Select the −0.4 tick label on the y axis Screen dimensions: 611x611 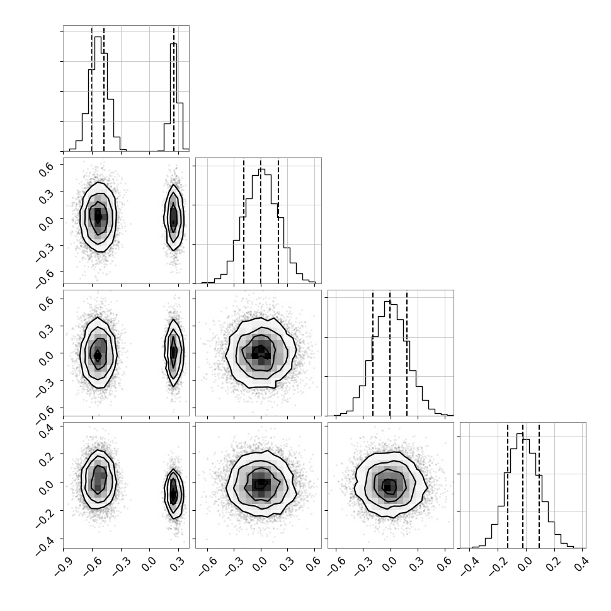click(x=45, y=543)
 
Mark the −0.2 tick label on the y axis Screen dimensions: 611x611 click(x=45, y=515)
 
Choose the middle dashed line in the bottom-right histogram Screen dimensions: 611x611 click(x=523, y=485)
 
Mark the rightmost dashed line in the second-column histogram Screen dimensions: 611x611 click(x=278, y=220)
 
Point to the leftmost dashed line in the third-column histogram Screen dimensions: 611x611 click(x=373, y=353)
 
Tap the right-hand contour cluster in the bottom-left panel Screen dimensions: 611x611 click(x=174, y=494)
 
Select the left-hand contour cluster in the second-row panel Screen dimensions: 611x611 click(x=98, y=217)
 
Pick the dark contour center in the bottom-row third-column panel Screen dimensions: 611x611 click(x=388, y=487)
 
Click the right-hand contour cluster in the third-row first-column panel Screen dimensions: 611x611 click(x=174, y=353)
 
